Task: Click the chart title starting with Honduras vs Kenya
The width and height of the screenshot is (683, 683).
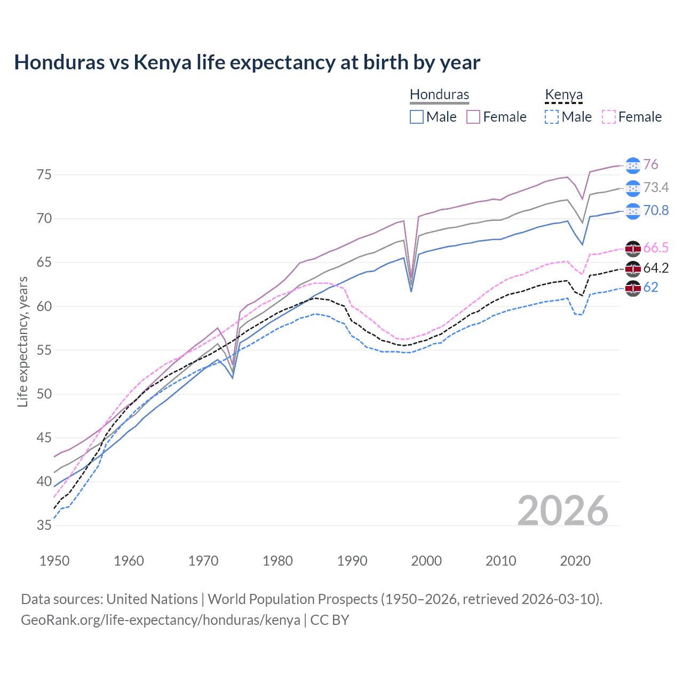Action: [x=247, y=62]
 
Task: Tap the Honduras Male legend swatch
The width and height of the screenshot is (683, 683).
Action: [x=417, y=117]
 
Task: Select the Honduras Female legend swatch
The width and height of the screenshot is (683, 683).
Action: [x=473, y=117]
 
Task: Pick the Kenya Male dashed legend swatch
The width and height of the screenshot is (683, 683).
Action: [x=552, y=117]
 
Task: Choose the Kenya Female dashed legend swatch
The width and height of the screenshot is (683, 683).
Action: [x=609, y=117]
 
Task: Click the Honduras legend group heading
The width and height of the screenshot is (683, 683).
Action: [x=439, y=94]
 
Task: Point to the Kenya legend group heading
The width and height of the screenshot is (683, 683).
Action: [x=563, y=94]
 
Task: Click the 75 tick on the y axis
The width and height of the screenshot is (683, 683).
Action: [x=44, y=175]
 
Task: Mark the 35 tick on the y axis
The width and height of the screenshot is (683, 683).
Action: [x=44, y=526]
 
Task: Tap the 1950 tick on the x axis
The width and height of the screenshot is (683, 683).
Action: [x=54, y=561]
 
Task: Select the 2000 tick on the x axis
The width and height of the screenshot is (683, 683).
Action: [x=426, y=561]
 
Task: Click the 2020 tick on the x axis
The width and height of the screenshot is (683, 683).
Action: [x=575, y=561]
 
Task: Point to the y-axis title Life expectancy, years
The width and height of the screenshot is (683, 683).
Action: [x=22, y=341]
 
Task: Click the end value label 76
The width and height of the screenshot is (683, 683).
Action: [x=650, y=165]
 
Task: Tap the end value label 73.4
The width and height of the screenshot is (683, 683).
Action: [x=656, y=188]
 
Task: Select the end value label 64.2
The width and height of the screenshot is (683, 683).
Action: [x=656, y=268]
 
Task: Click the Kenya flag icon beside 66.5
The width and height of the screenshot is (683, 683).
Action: [x=633, y=248]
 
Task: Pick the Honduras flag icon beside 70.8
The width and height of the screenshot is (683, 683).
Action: [x=633, y=211]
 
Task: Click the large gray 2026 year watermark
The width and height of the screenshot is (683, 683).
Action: [x=562, y=511]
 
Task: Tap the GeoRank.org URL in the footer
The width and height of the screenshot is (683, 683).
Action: [x=160, y=620]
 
